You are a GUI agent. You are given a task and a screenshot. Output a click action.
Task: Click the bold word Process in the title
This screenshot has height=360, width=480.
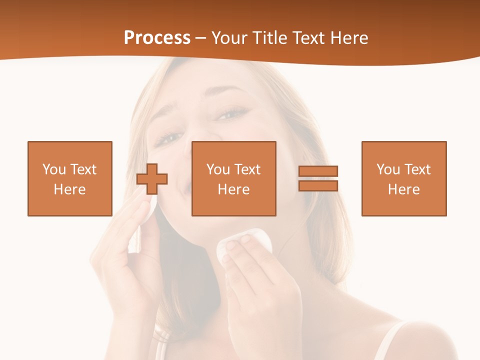(157, 38)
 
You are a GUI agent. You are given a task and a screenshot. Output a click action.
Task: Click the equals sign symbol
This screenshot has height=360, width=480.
(318, 178)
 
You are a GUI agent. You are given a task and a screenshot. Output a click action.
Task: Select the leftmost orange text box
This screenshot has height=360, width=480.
(70, 178)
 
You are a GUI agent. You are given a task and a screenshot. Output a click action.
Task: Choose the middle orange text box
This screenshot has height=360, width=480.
(233, 178)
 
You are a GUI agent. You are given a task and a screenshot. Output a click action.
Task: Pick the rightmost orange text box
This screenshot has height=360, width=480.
(404, 178)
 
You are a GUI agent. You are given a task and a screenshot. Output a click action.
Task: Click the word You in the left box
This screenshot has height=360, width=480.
(54, 169)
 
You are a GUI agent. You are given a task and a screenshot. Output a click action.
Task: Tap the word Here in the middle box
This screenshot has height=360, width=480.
(233, 189)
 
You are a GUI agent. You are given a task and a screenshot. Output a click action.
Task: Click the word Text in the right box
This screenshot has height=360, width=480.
(417, 169)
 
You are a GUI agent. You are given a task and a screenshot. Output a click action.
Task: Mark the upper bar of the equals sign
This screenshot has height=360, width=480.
(318, 171)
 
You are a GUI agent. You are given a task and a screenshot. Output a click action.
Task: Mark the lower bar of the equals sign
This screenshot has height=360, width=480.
(318, 186)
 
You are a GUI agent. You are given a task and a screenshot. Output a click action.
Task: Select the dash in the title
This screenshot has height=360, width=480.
(201, 38)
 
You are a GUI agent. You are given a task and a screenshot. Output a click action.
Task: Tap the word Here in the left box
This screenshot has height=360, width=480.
(70, 189)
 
